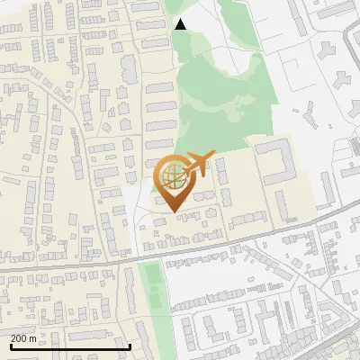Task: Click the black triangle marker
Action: click(x=181, y=24)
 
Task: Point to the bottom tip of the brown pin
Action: click(x=172, y=211)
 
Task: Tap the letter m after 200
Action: click(x=33, y=338)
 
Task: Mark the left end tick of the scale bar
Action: click(x=10, y=346)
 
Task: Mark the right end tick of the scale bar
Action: click(x=130, y=346)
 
